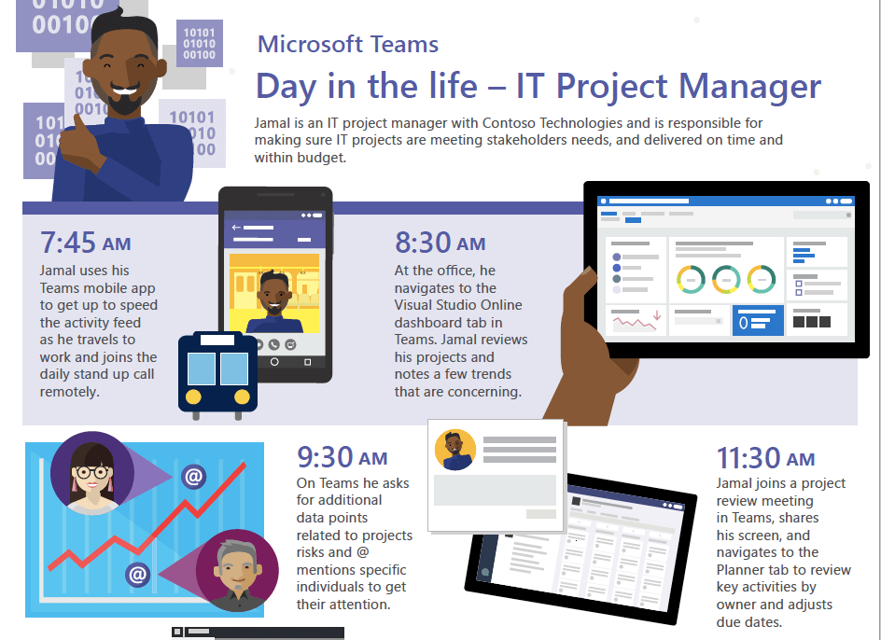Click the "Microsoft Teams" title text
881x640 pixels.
[348, 45]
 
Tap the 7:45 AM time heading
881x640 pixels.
[86, 243]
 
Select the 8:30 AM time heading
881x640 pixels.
[440, 243]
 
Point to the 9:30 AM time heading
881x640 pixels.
[343, 457]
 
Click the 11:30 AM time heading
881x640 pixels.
[765, 458]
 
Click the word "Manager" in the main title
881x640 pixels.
[749, 86]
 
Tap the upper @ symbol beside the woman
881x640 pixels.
[193, 477]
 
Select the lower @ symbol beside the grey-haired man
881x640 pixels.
[138, 575]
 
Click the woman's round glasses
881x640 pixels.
[93, 472]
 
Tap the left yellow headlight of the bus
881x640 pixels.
[193, 397]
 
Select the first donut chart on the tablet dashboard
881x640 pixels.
[691, 279]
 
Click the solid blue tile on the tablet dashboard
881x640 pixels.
[758, 320]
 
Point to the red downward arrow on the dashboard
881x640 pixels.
[657, 315]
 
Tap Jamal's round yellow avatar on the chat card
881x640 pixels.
[455, 450]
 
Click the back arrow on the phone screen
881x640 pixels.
[236, 228]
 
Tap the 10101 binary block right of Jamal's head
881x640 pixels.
[200, 43]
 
